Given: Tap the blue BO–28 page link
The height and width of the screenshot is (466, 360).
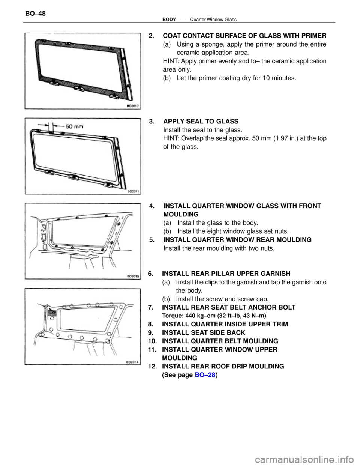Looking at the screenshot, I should (205, 374).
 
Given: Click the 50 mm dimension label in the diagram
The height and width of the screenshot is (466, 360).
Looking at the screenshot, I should (74, 126).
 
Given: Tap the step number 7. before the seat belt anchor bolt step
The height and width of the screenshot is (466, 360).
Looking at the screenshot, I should (150, 308).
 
